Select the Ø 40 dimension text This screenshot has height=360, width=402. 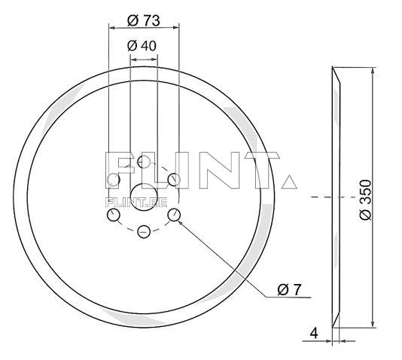143,46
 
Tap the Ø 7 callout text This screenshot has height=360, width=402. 290,288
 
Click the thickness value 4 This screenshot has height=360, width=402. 314,331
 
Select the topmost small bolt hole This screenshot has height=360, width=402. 143,161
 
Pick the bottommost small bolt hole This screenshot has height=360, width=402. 143,233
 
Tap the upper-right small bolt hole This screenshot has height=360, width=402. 173,179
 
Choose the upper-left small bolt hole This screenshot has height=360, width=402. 114,179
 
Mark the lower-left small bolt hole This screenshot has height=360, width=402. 114,215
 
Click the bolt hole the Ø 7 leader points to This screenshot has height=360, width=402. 174,215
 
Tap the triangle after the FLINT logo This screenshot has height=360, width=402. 288,182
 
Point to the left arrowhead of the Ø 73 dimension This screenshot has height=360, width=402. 112,27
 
